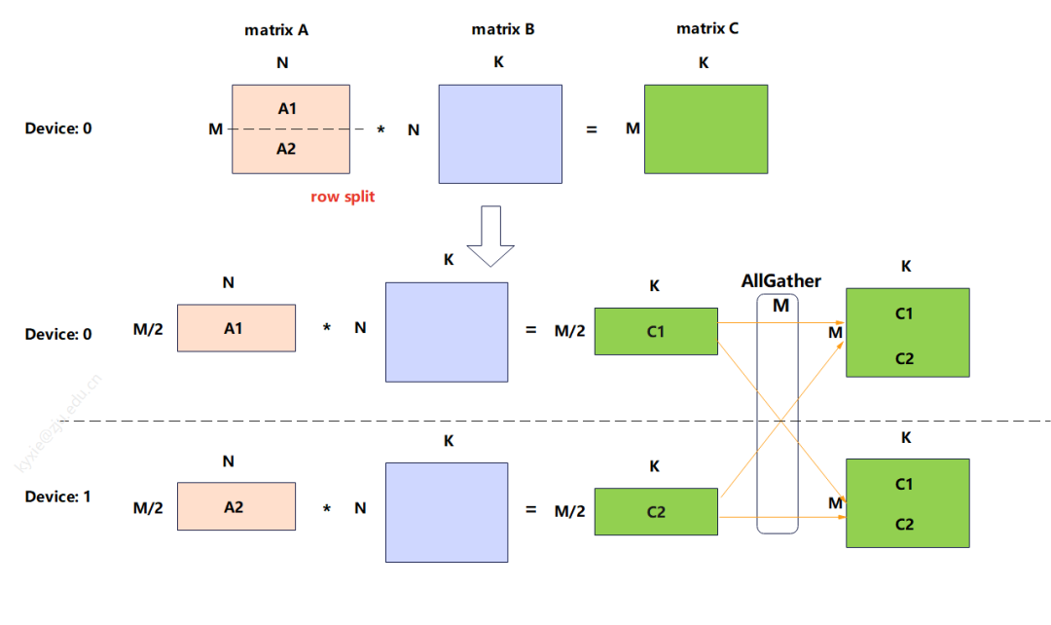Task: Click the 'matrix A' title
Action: tap(276, 30)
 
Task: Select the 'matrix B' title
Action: tap(503, 29)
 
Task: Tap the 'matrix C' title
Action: tap(707, 29)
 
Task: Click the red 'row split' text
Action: tap(343, 197)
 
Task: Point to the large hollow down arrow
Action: tap(490, 235)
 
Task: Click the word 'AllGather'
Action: tap(780, 281)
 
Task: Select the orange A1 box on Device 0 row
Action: tap(236, 328)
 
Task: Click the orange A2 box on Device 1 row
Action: tap(236, 506)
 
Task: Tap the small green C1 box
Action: tap(656, 332)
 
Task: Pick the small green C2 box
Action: tap(656, 511)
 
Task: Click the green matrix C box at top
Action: tap(706, 129)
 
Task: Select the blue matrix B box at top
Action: tap(500, 133)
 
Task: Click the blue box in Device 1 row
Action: tap(447, 511)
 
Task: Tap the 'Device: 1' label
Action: tap(58, 496)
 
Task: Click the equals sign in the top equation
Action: tap(591, 129)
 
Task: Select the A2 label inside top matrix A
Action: tap(286, 149)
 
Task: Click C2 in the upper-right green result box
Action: tap(905, 358)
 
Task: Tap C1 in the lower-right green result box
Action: tap(905, 484)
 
